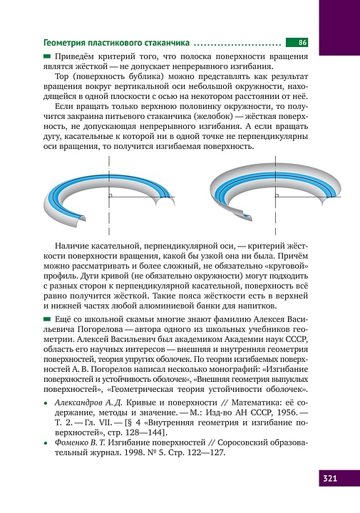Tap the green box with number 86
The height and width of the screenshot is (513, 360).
pos(297,43)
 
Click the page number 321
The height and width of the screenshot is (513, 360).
pos(331,477)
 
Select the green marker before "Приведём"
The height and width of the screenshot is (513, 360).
pos(48,56)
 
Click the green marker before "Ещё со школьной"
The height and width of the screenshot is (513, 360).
pos(48,318)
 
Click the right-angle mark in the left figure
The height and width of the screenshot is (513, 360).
pos(112,195)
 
